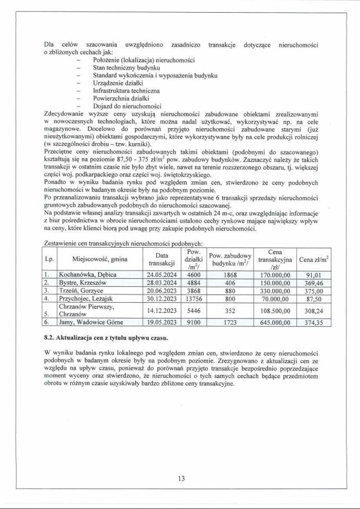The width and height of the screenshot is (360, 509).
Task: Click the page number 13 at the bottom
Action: pos(181,479)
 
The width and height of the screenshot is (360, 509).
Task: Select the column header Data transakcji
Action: pos(162,259)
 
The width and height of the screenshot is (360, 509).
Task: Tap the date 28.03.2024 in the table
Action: pos(162,283)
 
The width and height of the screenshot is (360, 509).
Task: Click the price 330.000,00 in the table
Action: pos(275,291)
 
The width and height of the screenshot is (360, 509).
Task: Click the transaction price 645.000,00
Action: pos(275,322)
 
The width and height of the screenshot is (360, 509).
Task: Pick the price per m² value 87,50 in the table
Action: pos(313,299)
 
